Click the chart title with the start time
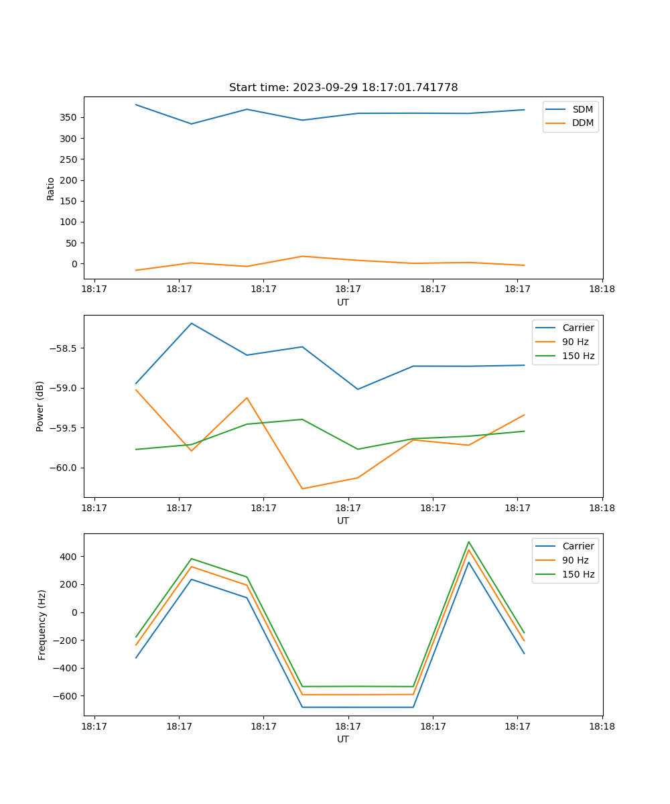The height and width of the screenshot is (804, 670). point(343,88)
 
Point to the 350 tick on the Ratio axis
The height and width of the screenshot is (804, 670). point(70,117)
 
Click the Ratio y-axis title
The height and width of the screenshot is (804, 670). point(51,189)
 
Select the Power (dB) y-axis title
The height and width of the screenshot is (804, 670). point(40,406)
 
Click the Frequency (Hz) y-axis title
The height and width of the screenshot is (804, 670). point(42,624)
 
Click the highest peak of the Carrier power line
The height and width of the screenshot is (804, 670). point(192,324)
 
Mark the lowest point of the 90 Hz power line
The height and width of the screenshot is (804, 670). point(302,488)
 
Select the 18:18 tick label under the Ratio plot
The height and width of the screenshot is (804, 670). point(602,289)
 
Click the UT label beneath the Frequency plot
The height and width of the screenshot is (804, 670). point(343,739)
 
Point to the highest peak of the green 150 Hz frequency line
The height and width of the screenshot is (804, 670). point(469,542)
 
